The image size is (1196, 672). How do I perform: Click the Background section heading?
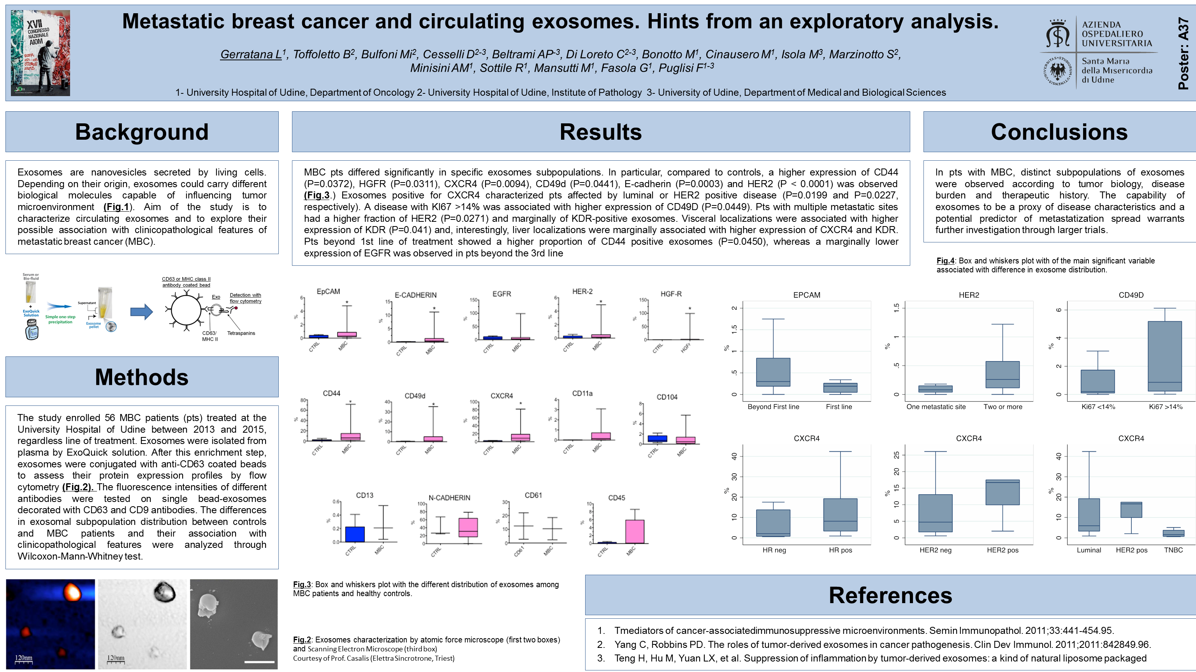pos(142,132)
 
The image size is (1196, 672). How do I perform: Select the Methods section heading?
pos(142,377)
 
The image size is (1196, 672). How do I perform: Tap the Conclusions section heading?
pos(1059,132)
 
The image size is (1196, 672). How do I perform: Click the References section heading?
pos(890,595)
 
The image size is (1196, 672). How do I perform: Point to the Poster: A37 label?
pos(1183,53)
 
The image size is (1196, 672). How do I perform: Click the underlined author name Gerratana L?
pos(251,54)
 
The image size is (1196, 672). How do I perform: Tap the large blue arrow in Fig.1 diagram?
pos(142,311)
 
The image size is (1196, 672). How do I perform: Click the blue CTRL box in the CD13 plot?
pos(355,534)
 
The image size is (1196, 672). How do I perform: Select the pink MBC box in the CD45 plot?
pos(635,532)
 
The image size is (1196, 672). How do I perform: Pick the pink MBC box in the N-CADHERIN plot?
pos(468,528)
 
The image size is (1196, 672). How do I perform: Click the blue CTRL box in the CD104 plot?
pos(657,439)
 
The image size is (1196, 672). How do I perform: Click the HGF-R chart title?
pos(671,294)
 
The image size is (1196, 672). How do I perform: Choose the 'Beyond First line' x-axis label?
pos(773,407)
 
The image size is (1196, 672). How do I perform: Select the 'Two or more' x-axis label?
pos(1003,407)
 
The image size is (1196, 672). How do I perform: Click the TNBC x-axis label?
pos(1173,550)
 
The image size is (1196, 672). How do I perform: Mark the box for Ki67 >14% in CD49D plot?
pos(1164,356)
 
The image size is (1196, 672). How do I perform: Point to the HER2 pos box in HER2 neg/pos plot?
pos(1003,492)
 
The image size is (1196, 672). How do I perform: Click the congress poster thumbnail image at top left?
pos(40,53)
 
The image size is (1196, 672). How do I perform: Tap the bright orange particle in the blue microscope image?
pos(72,592)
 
